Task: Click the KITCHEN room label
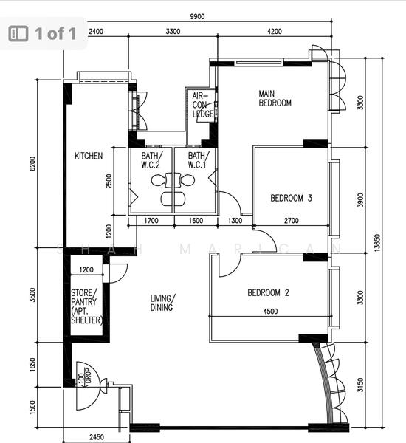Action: click(89, 156)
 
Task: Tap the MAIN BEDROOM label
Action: click(275, 98)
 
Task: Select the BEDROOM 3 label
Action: click(291, 198)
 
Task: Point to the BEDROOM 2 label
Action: click(268, 292)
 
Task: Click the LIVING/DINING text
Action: click(162, 303)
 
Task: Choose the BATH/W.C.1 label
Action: click(199, 160)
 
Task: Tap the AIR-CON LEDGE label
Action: click(202, 105)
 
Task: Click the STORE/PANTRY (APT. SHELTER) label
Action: click(86, 306)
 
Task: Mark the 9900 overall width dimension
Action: click(197, 17)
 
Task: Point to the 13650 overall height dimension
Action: click(377, 243)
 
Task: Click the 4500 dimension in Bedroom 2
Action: click(270, 312)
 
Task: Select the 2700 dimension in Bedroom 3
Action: click(292, 221)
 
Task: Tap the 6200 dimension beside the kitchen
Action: click(32, 164)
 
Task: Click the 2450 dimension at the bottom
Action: click(97, 437)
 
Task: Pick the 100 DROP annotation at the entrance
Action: click(84, 377)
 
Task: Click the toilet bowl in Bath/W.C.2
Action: click(158, 181)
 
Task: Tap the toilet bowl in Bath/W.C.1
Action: click(187, 180)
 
